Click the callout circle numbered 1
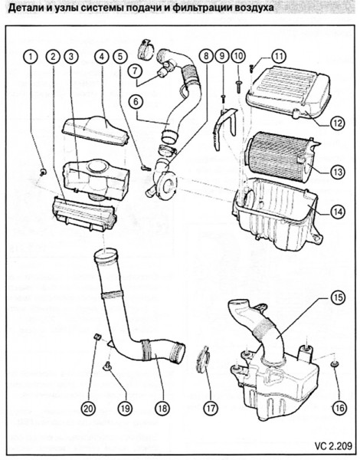point(31,56)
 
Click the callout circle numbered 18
point(161,407)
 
